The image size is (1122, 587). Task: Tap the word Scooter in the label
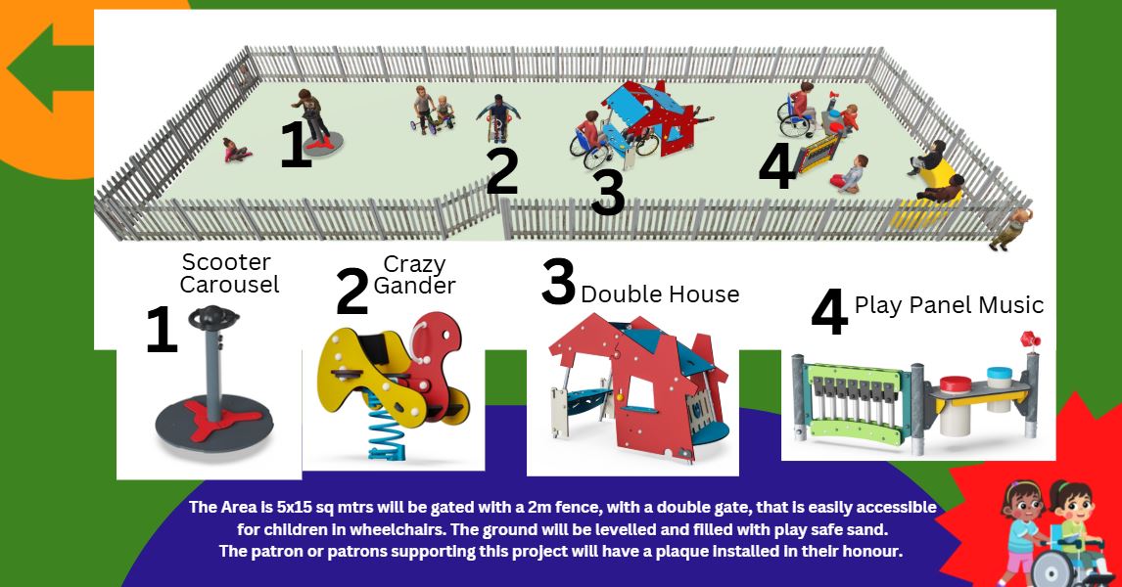(x=226, y=262)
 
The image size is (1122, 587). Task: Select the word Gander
(x=414, y=286)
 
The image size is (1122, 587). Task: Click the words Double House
(x=660, y=293)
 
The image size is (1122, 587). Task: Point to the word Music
(x=1010, y=305)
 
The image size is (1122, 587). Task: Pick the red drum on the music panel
(x=956, y=384)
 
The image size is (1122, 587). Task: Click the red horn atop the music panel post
(x=1031, y=339)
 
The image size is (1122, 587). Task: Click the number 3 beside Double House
(x=558, y=282)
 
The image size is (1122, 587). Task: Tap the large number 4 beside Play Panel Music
(x=829, y=312)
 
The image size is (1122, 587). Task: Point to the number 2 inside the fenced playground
(x=501, y=171)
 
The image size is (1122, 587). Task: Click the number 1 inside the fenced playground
(x=297, y=144)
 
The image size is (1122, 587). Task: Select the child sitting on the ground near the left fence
(x=236, y=150)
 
